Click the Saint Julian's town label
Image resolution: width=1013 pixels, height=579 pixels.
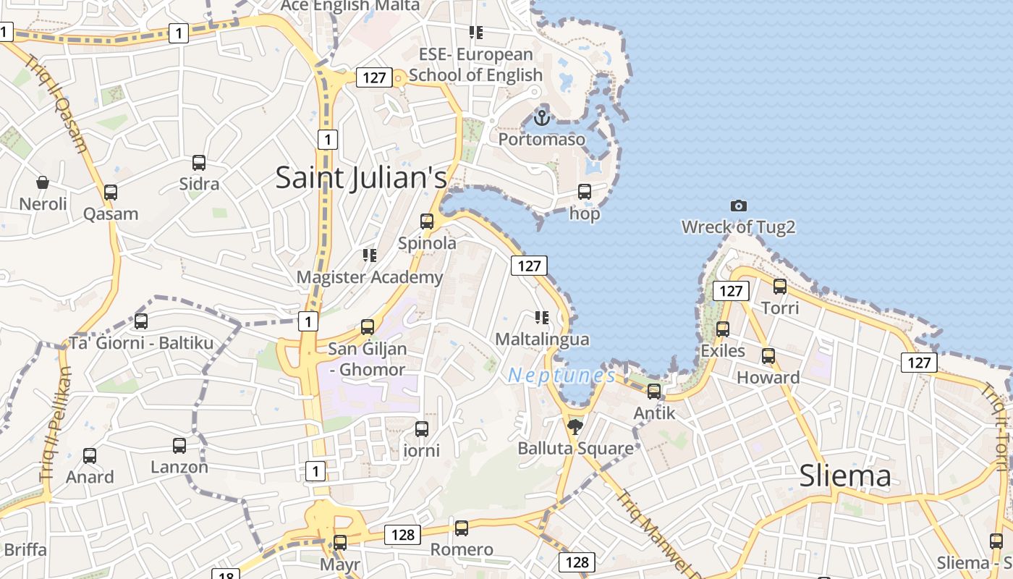[361, 178]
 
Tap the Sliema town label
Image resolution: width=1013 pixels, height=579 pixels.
[844, 476]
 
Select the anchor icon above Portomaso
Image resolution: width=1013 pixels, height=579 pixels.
[542, 117]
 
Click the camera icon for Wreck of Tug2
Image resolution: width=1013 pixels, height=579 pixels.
[738, 206]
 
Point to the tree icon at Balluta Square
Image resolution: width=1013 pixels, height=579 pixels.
[575, 426]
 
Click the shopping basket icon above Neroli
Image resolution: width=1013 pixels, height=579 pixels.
[43, 182]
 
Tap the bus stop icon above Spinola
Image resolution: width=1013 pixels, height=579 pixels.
[427, 221]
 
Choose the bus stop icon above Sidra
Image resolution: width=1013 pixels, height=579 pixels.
[199, 163]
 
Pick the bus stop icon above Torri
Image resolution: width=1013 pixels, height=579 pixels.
[780, 287]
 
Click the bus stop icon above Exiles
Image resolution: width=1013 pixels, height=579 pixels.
[722, 329]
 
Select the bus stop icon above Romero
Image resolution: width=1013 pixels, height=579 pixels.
[462, 528]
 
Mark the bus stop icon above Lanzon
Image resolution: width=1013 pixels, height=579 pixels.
[179, 446]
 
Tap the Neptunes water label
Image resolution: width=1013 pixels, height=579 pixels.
[561, 375]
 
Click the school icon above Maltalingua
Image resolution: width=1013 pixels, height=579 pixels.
[541, 317]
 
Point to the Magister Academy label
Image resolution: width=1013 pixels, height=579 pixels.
[370, 277]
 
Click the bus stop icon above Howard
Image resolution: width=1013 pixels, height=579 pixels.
[768, 356]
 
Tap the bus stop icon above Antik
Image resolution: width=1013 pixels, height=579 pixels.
[654, 392]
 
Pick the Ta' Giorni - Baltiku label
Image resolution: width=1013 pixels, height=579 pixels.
[141, 342]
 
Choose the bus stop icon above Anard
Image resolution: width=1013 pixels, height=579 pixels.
[90, 456]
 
